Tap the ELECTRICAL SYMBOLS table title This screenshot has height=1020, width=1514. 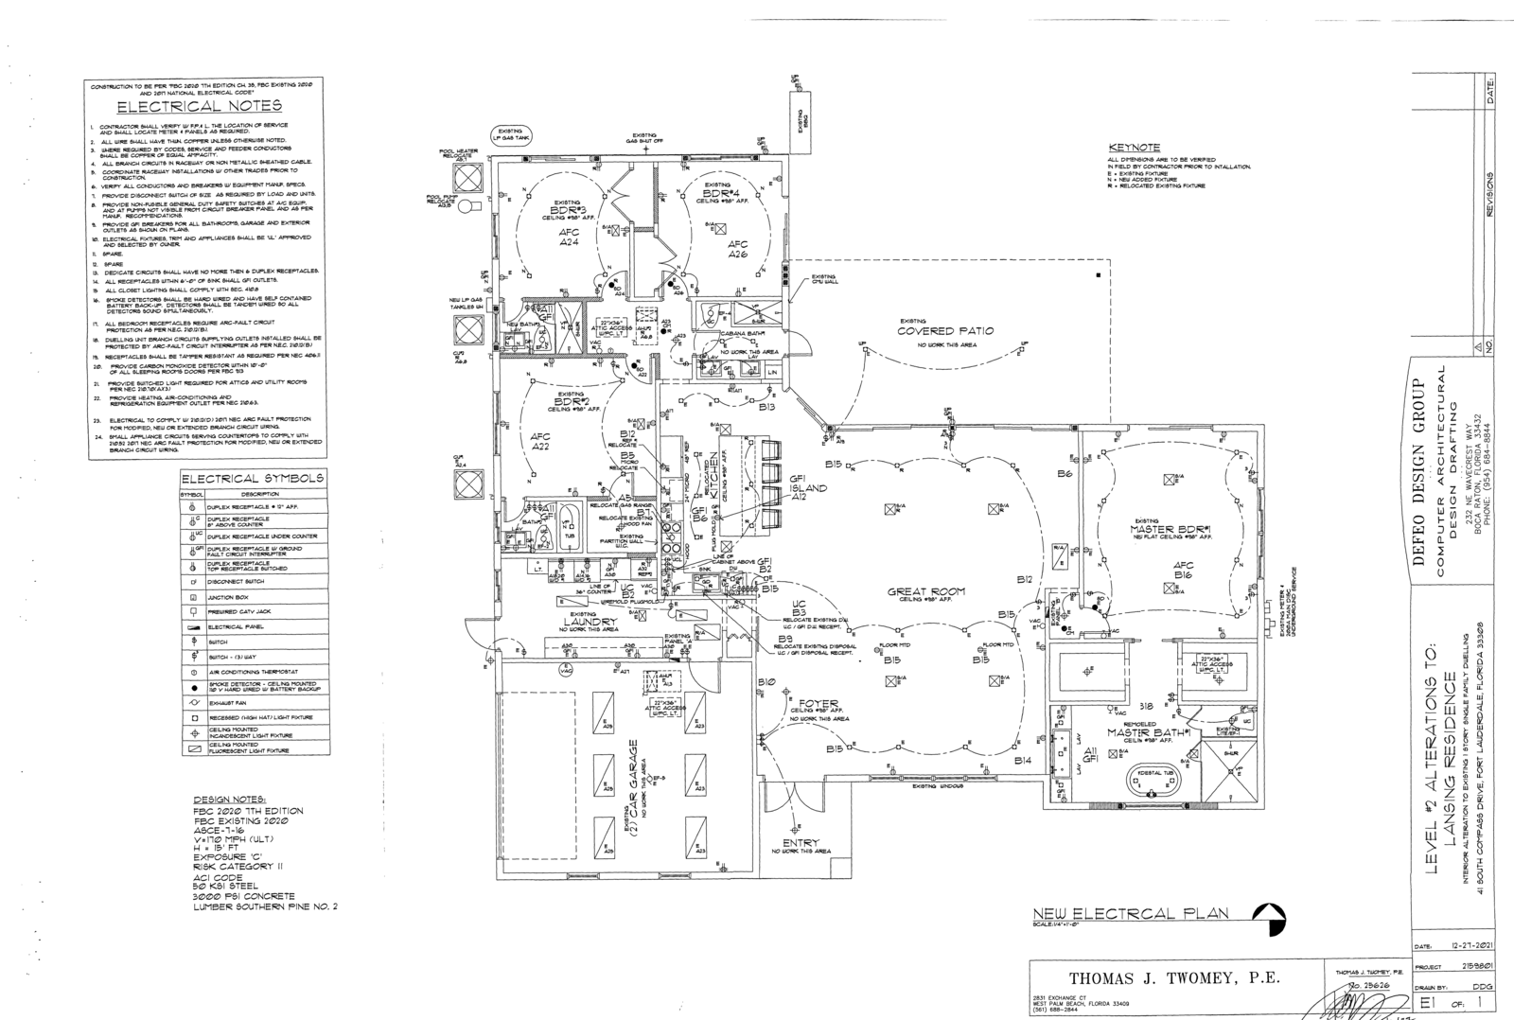(254, 479)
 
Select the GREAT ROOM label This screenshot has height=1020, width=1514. (926, 592)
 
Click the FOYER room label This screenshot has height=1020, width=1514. (819, 704)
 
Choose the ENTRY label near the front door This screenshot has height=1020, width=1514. (801, 842)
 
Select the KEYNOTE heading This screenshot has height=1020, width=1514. (1134, 148)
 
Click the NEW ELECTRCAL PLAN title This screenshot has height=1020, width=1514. (1131, 913)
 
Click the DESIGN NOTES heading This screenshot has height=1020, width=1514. (231, 800)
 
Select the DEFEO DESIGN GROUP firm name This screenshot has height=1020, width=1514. (1419, 483)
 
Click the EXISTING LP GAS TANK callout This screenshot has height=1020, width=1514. (513, 135)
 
